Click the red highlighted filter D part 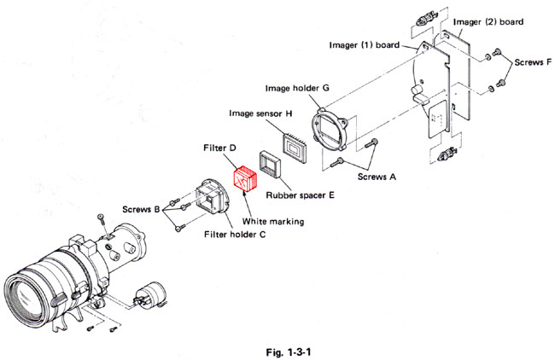[245, 180]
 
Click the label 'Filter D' [219, 148]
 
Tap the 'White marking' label [275, 222]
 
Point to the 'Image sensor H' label [261, 113]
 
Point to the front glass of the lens [26, 294]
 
